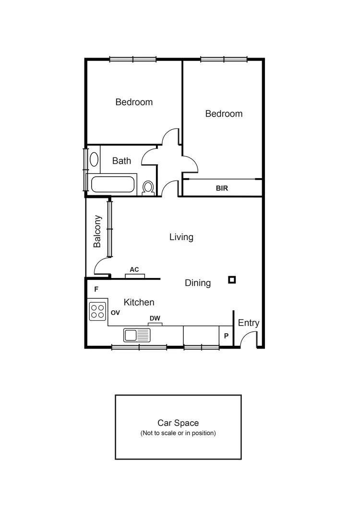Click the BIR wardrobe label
click(x=222, y=188)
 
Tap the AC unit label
click(x=134, y=269)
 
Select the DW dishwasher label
click(x=155, y=318)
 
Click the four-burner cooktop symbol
click(x=98, y=310)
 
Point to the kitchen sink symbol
click(x=137, y=335)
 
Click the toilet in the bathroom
click(x=148, y=188)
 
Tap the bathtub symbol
click(x=114, y=185)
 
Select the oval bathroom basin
click(x=95, y=159)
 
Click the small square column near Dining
click(x=232, y=279)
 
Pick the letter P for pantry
click(x=226, y=336)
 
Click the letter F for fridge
click(x=96, y=289)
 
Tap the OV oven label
click(x=115, y=312)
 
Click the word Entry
click(x=248, y=323)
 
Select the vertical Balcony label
click(x=97, y=231)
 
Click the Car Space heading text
click(x=178, y=423)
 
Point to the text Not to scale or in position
click(x=178, y=433)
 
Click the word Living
click(x=181, y=237)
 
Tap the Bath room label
click(x=121, y=160)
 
